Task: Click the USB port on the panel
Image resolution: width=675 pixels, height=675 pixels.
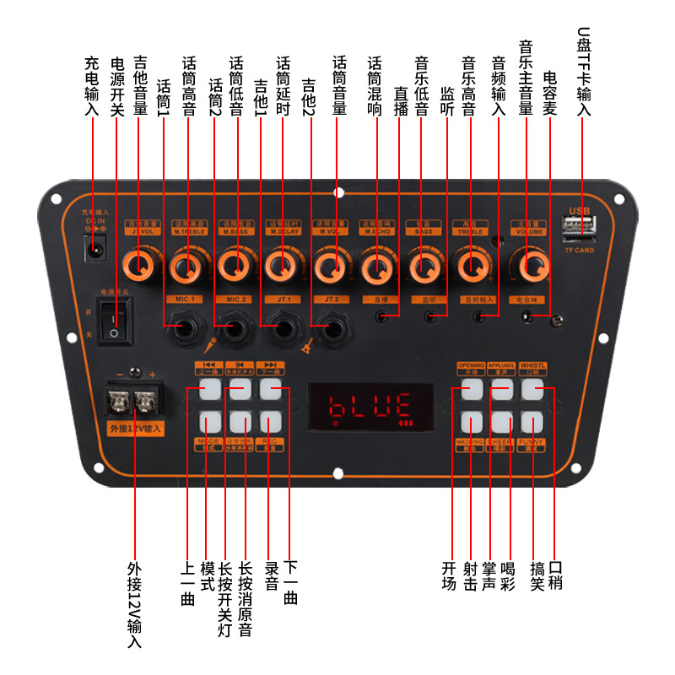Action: [x=580, y=227]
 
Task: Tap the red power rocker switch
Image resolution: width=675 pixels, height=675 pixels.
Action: [x=114, y=321]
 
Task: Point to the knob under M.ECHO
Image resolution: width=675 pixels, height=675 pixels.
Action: [x=375, y=268]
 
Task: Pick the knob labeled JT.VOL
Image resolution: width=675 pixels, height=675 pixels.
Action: [x=139, y=266]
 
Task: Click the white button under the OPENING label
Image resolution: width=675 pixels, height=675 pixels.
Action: [x=472, y=388]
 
